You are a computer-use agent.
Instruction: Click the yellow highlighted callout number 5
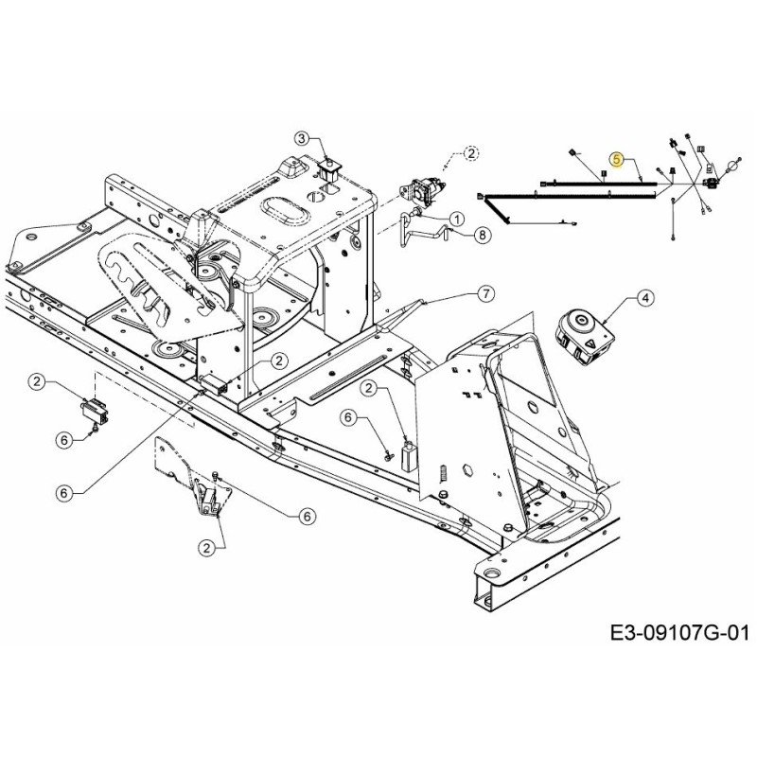tap(616, 160)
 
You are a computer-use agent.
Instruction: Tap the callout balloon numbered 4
tap(645, 299)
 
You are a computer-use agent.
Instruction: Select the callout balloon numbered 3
tap(302, 138)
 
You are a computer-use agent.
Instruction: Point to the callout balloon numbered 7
tap(484, 293)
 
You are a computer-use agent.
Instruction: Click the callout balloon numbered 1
tap(456, 219)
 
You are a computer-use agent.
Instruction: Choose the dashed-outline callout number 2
tap(472, 151)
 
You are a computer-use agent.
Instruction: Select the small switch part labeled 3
tap(330, 171)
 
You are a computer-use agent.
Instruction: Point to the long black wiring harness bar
tap(568, 194)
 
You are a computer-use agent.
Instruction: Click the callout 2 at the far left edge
tap(37, 381)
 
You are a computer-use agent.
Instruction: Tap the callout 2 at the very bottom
tap(205, 546)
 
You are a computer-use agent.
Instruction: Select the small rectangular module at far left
tap(94, 412)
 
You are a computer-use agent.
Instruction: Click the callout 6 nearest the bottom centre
tap(306, 516)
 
